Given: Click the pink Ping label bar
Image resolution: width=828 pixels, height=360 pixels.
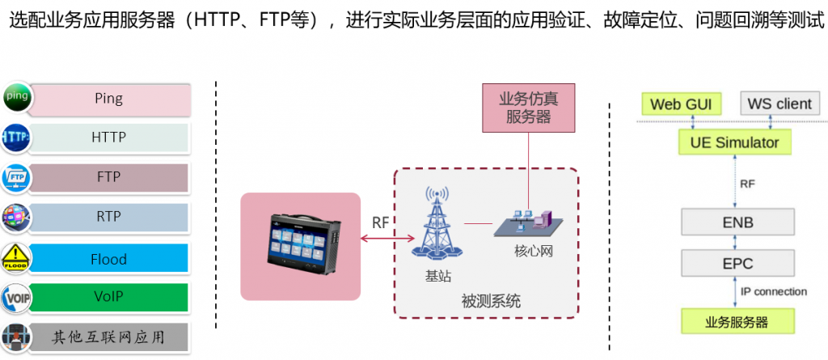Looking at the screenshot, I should click(108, 99).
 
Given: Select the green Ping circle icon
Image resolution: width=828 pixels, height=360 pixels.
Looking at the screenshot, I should click(16, 97).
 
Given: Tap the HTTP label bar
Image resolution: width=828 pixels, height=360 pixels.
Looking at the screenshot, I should click(108, 138).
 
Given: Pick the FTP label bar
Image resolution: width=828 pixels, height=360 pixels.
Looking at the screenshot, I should click(108, 177).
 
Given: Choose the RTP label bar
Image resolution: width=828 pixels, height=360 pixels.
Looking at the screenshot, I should click(108, 217).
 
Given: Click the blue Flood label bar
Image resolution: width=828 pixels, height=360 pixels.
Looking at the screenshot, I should click(108, 259).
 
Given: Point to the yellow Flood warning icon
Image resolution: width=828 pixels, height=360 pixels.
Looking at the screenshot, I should click(16, 257).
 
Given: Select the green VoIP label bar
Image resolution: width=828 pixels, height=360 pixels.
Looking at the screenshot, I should click(108, 297).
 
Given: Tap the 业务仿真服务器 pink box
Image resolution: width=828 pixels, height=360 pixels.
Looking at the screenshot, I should click(529, 108).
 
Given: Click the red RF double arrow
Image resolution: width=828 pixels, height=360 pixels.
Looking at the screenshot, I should click(389, 238).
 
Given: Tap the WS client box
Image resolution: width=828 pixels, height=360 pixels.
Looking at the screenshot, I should click(779, 104).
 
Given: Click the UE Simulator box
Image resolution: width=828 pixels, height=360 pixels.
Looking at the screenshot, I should click(734, 143).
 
